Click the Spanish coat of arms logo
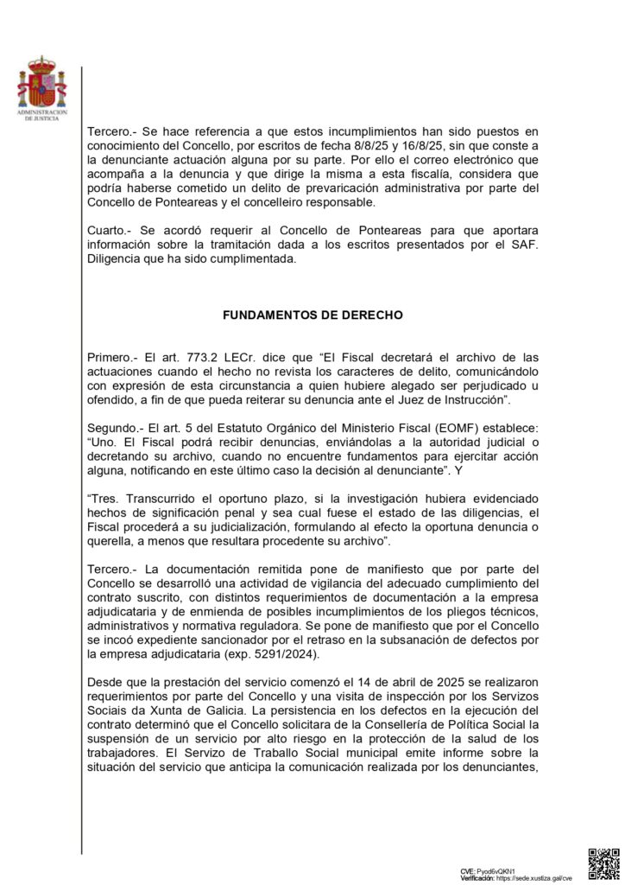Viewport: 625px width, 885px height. coord(40,83)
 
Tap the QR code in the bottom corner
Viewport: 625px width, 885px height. coord(603,863)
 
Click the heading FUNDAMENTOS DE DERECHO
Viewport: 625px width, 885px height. coord(312,315)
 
